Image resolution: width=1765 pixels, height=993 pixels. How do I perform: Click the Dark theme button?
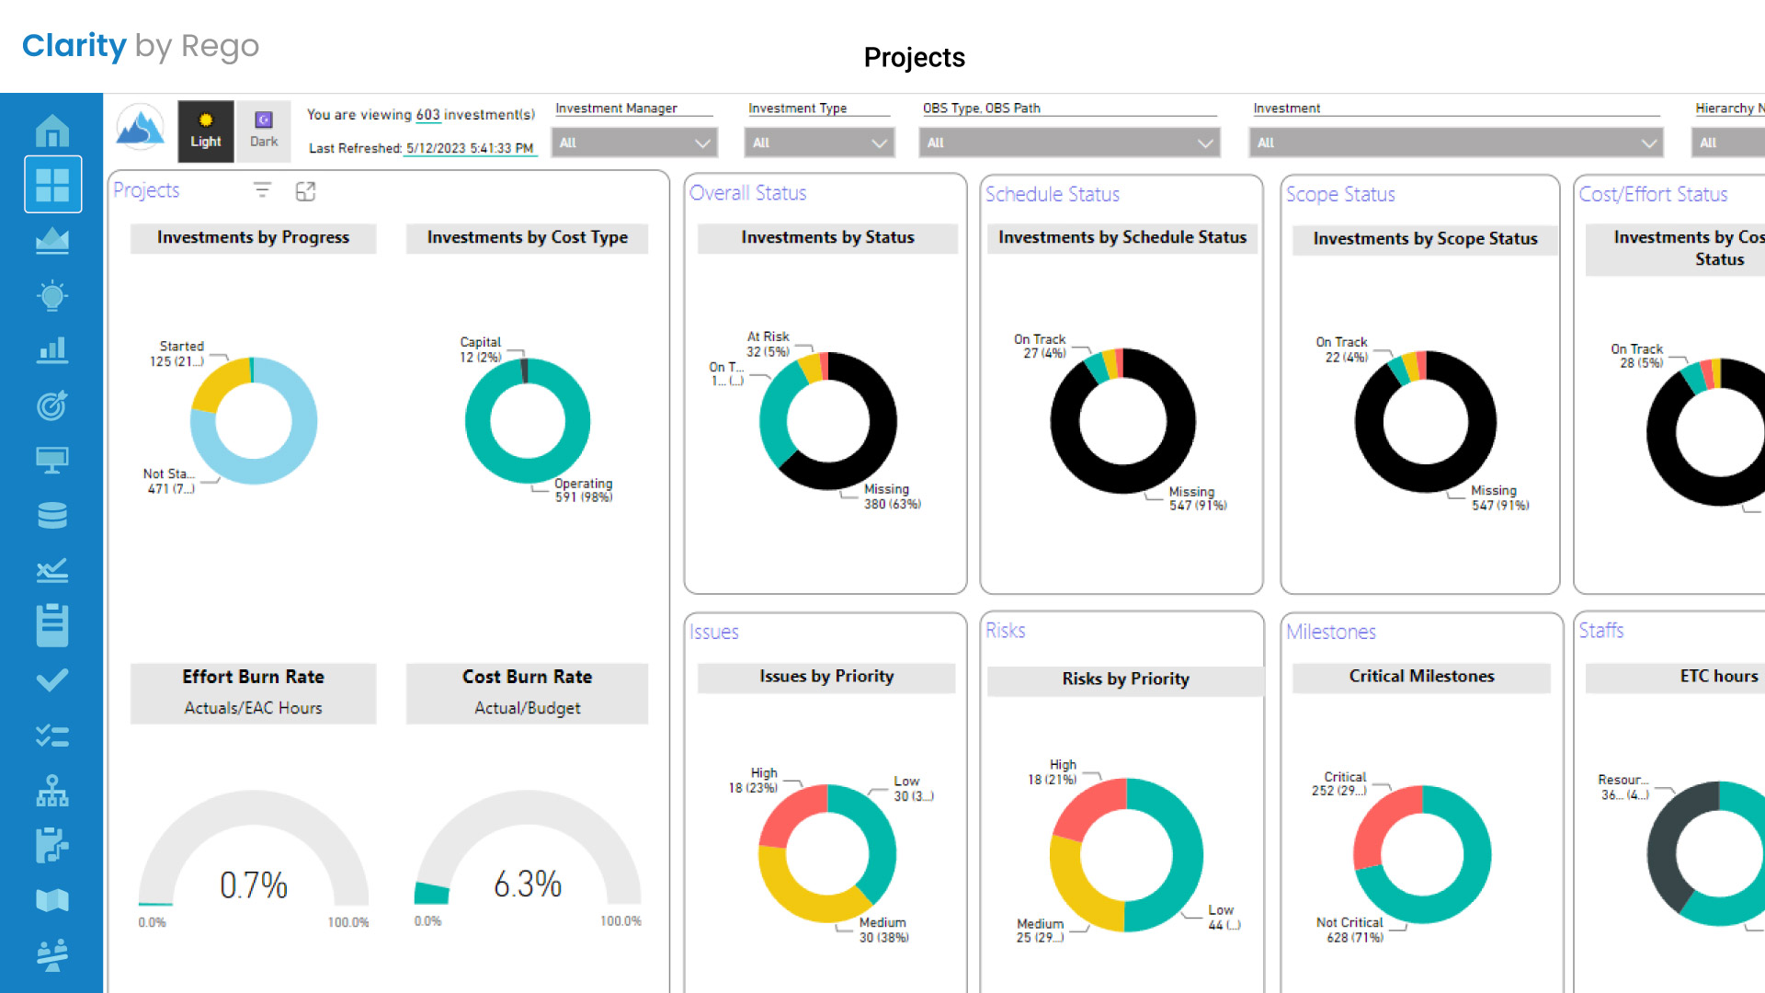(x=263, y=131)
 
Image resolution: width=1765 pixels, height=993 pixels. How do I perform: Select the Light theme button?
(x=205, y=131)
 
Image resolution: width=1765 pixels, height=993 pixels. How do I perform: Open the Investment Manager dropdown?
(x=634, y=143)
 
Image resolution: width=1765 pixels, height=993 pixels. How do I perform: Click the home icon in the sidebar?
(x=52, y=131)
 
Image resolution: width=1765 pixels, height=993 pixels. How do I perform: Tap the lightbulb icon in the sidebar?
(x=52, y=295)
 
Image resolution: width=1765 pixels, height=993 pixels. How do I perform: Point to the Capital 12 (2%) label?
(x=480, y=349)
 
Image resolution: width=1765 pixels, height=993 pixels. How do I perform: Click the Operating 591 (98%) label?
(x=583, y=490)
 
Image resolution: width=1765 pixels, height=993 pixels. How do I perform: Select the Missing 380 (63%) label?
(x=891, y=496)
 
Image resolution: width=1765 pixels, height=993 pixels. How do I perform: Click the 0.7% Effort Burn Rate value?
(x=253, y=885)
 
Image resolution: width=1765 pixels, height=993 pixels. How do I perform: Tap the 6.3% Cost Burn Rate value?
(x=527, y=884)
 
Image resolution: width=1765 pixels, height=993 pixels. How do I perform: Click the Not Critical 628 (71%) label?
(x=1349, y=930)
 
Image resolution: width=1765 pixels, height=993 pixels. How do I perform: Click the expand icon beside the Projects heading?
(x=305, y=191)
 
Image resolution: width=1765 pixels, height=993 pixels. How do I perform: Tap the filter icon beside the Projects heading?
(x=262, y=190)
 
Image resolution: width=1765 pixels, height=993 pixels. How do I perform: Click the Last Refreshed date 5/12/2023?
(x=436, y=148)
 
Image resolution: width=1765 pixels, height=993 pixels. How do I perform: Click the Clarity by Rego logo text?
(x=140, y=45)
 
